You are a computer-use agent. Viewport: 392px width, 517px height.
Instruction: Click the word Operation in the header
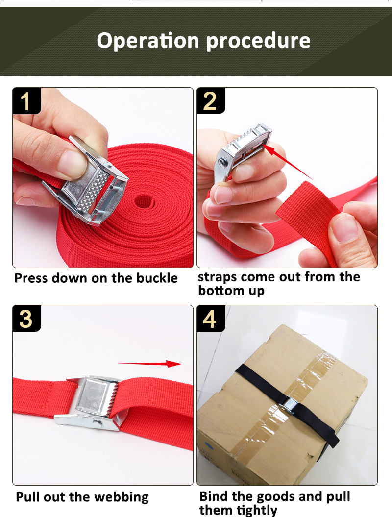(x=148, y=40)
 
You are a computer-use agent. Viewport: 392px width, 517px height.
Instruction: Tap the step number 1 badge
(x=26, y=101)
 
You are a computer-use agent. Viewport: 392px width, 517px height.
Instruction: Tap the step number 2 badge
(x=210, y=101)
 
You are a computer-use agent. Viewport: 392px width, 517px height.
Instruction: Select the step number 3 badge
(x=26, y=319)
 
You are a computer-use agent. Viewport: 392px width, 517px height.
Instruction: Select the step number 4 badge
(x=210, y=319)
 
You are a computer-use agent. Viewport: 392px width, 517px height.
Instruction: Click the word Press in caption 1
(x=31, y=278)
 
